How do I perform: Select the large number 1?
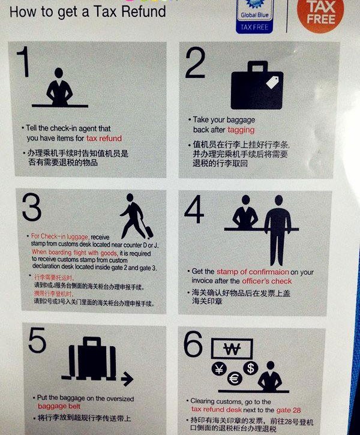pos(23,63)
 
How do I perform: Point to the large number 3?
pos(31,208)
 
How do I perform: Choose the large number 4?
pos(194,210)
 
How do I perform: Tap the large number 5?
pos(37,342)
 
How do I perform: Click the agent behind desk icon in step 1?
pos(59,89)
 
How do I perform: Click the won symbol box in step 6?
pos(230,349)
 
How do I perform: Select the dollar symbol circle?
pos(250,367)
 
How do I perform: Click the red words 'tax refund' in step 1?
pos(104,138)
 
